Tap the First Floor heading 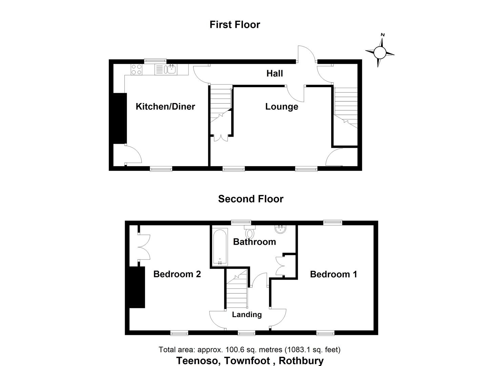(x=235, y=25)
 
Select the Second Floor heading (x=251, y=199)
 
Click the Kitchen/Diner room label (x=165, y=106)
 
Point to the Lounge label (x=281, y=106)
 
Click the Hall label (x=274, y=74)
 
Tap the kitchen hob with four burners (x=137, y=69)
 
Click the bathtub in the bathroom (x=220, y=247)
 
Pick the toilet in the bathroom (x=250, y=232)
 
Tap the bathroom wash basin (x=280, y=229)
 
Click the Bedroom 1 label (x=333, y=274)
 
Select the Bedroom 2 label (x=177, y=274)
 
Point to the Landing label (x=247, y=314)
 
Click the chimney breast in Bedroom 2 (x=137, y=287)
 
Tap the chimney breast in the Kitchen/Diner (x=120, y=118)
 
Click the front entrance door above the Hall (x=307, y=54)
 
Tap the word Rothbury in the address (x=301, y=360)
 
